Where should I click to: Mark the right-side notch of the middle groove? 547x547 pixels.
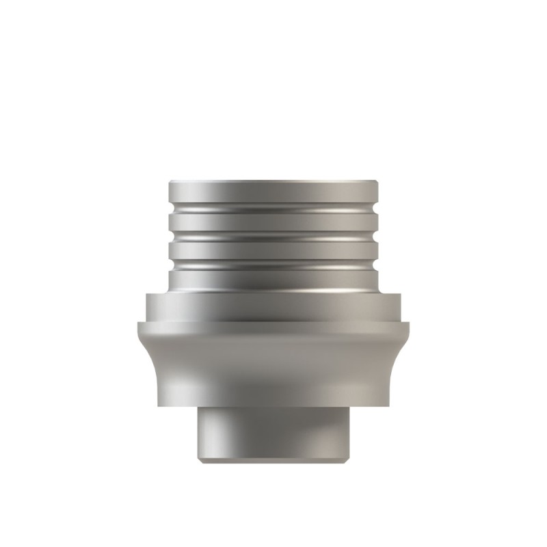(377, 235)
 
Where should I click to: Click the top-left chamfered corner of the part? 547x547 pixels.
(170, 183)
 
